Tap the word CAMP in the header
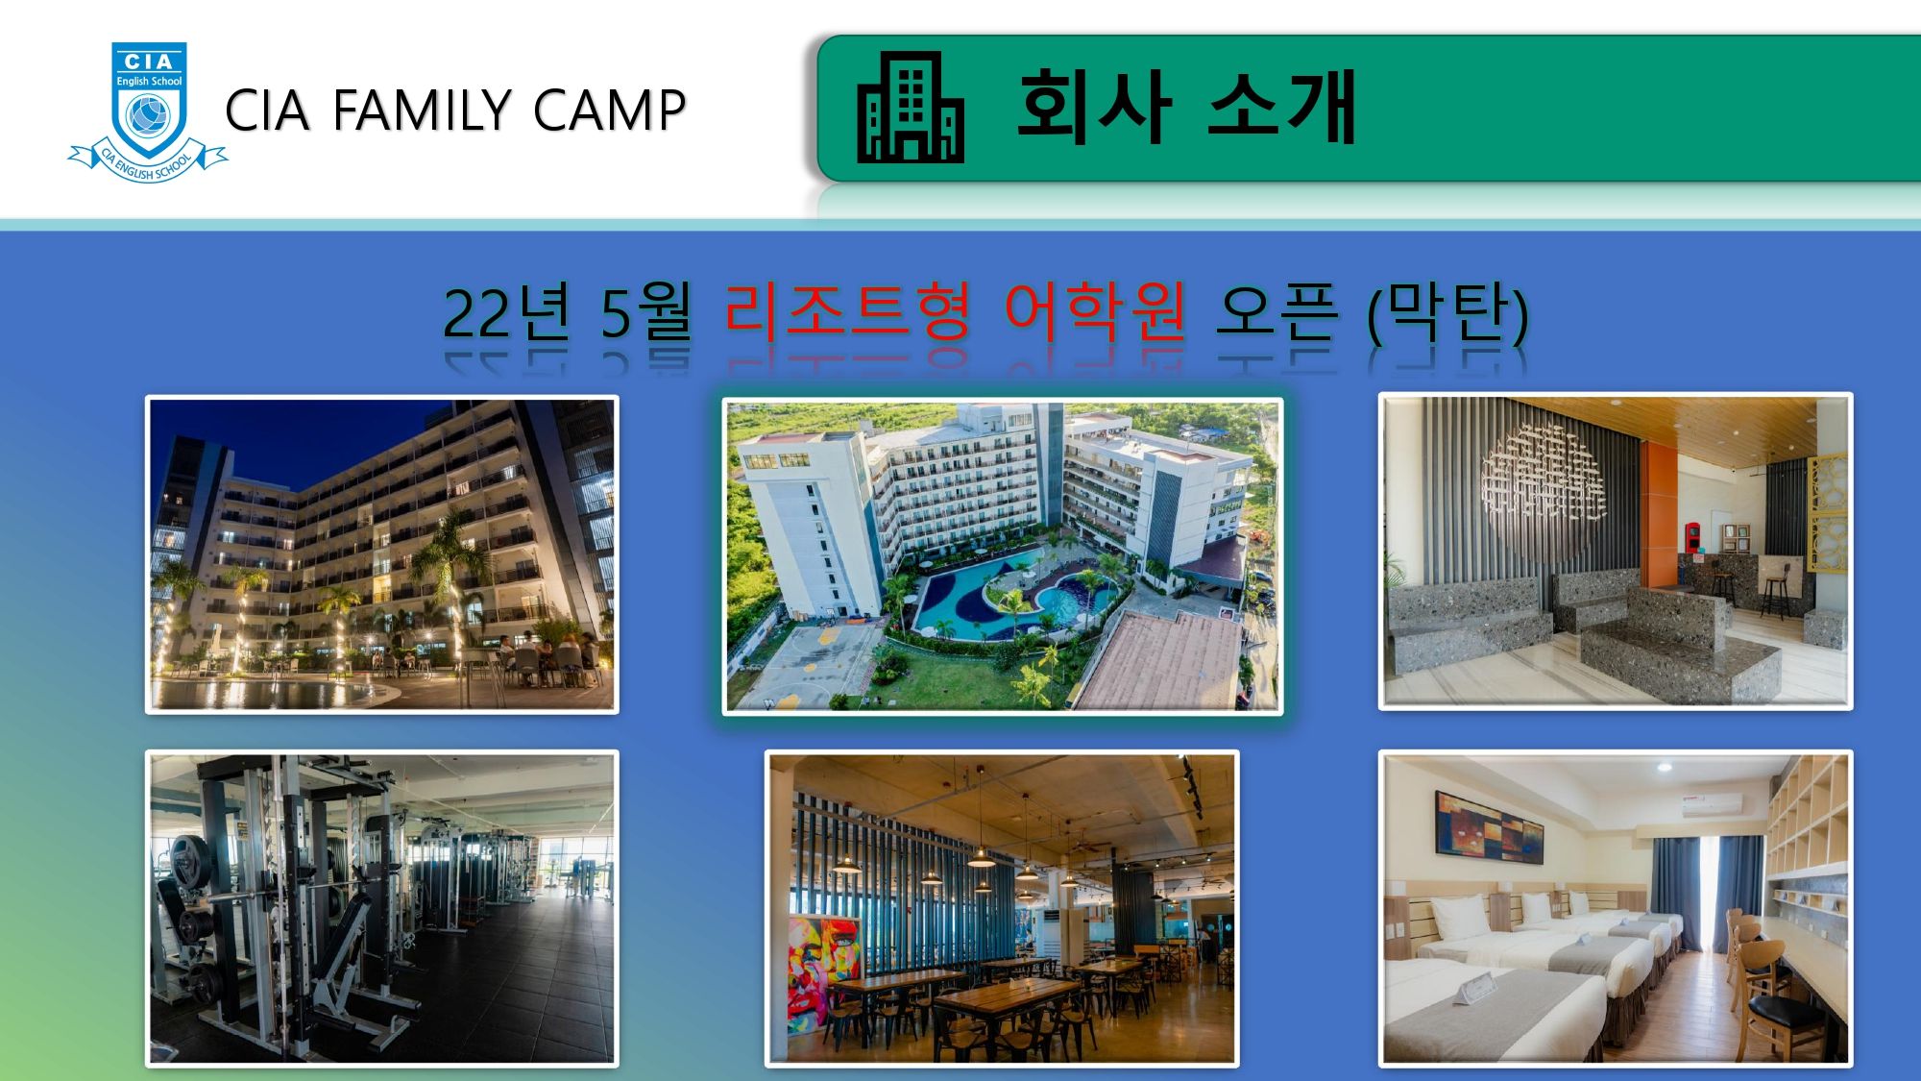pos(609,111)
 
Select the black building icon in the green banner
pos(910,107)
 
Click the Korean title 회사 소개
pos(1186,106)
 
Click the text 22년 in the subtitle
pos(506,312)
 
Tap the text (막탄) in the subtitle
pos(1447,313)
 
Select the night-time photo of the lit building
pos(381,554)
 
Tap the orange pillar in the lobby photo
pos(1658,514)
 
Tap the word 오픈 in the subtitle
pos(1276,312)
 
